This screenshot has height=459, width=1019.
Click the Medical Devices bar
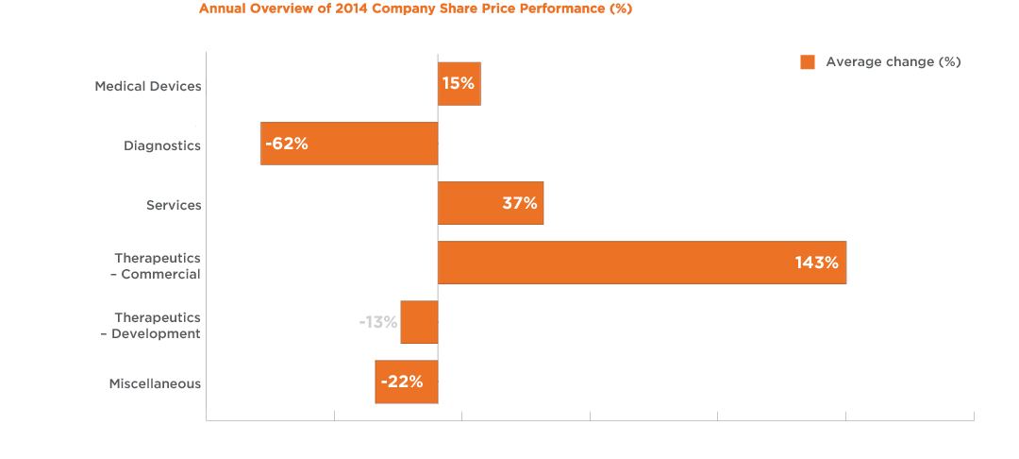(x=459, y=83)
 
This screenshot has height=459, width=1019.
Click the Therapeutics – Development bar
(x=420, y=322)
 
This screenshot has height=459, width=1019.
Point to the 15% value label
(x=458, y=83)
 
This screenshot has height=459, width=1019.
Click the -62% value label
(x=287, y=144)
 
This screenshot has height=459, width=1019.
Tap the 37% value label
(x=519, y=203)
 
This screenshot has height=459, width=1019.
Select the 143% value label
(x=816, y=263)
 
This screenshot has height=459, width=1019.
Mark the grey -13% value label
(x=377, y=322)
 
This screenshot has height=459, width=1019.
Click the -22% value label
(x=402, y=382)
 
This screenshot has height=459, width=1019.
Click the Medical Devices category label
(x=148, y=86)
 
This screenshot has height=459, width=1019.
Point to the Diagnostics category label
(x=162, y=145)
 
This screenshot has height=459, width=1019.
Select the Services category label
(x=174, y=205)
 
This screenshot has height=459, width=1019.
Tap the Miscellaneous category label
(x=155, y=383)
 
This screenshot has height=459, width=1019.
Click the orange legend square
(x=808, y=62)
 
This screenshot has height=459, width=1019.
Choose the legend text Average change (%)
(x=893, y=62)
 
